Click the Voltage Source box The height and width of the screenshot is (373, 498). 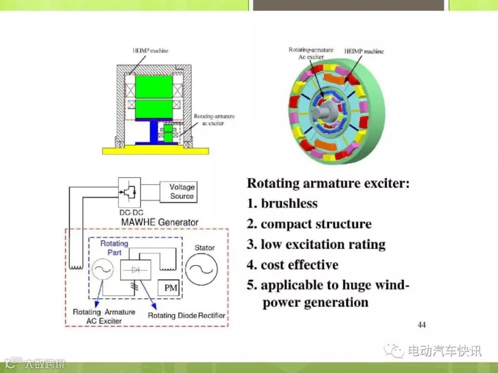pyautogui.click(x=178, y=192)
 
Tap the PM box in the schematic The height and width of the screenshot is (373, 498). pyautogui.click(x=169, y=288)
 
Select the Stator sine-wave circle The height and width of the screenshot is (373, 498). pyautogui.click(x=201, y=269)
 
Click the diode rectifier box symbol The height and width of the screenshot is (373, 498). pyautogui.click(x=136, y=270)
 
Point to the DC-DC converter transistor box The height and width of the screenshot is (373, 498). pyautogui.click(x=129, y=192)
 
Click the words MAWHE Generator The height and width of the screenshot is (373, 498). pyautogui.click(x=160, y=222)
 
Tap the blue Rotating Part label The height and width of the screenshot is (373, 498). pyautogui.click(x=115, y=248)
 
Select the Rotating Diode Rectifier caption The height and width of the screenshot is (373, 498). pyautogui.click(x=186, y=316)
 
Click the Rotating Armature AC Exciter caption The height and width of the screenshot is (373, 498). pyautogui.click(x=104, y=317)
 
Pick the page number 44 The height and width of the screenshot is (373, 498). pyautogui.click(x=422, y=325)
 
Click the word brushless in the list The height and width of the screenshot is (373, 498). pyautogui.click(x=289, y=203)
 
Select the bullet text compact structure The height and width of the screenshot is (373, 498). pyautogui.click(x=316, y=224)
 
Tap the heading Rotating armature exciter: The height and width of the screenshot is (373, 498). pyautogui.click(x=328, y=183)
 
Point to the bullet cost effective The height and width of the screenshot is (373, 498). pyautogui.click(x=299, y=265)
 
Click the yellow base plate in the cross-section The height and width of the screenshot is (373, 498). pyautogui.click(x=155, y=151)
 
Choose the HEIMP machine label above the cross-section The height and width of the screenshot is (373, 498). pyautogui.click(x=150, y=51)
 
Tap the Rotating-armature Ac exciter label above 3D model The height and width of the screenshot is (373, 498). pyautogui.click(x=311, y=53)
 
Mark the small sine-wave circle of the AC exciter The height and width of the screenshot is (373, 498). pyautogui.click(x=102, y=269)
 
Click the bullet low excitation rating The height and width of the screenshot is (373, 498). pyautogui.click(x=323, y=245)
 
